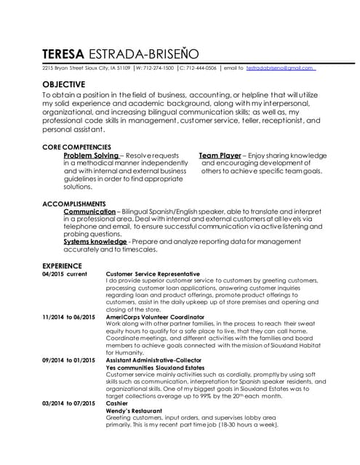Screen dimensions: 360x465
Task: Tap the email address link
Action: pos(280,68)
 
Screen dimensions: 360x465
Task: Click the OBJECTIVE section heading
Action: pos(65,84)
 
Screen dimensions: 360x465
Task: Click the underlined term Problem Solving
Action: pos(91,155)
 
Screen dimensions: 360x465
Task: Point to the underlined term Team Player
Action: pos(220,155)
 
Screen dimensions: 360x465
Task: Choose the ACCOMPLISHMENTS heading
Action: pos(74,203)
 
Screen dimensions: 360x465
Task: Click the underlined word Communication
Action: pos(89,211)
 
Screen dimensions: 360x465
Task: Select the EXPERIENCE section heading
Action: pos(62,266)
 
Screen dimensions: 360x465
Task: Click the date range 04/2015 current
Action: pos(64,274)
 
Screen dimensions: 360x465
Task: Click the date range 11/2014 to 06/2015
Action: pos(69,318)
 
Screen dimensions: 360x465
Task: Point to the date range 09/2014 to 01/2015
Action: pos(69,360)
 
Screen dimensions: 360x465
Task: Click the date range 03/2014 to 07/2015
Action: pos(69,403)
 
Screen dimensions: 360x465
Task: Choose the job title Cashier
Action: pos(117,403)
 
